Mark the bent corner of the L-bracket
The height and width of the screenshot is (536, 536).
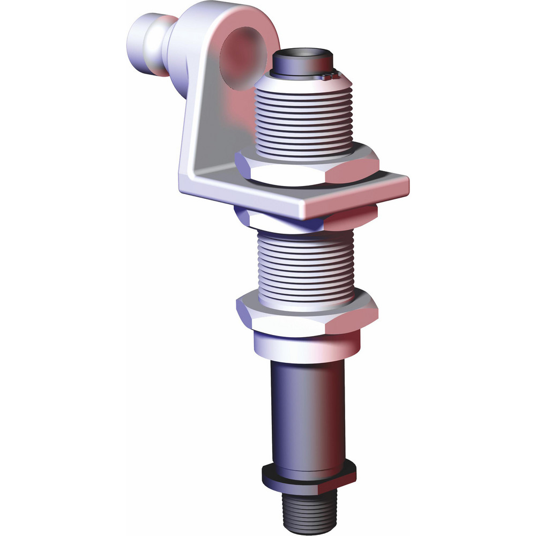click(188, 180)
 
